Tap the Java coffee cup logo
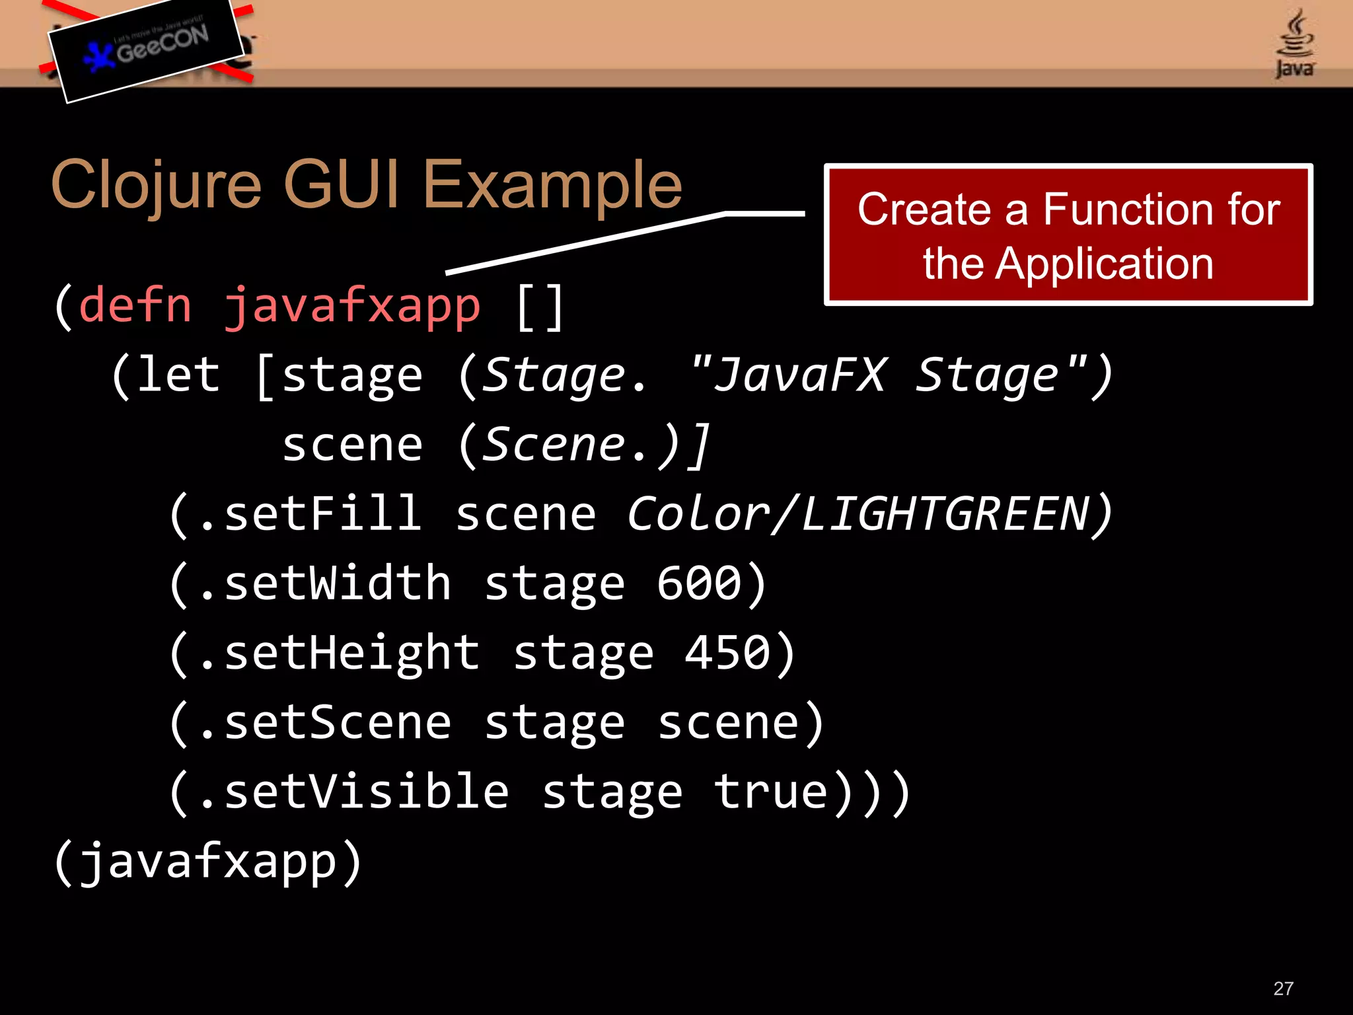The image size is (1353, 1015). click(1294, 44)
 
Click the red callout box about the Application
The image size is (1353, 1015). click(1068, 235)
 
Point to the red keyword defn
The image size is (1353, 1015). click(135, 306)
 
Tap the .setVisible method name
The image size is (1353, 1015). click(353, 792)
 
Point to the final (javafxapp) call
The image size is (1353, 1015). click(207, 862)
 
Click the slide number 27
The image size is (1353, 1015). click(1283, 989)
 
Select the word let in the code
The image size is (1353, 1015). click(178, 375)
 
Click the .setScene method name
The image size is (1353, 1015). click(324, 723)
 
